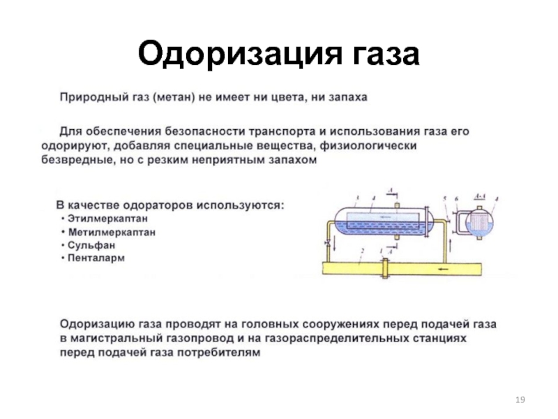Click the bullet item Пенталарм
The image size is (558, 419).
pyautogui.click(x=96, y=258)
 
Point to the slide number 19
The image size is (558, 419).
pyautogui.click(x=520, y=399)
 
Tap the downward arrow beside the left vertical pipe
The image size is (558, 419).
pyautogui.click(x=335, y=244)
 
